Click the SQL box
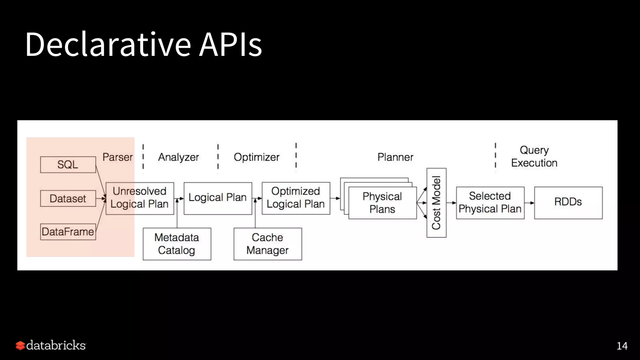(x=68, y=165)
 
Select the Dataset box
(x=68, y=198)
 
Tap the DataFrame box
(x=68, y=232)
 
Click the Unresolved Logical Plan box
(x=140, y=198)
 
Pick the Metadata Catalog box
(x=177, y=244)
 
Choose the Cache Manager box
(x=267, y=244)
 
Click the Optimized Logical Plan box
(x=296, y=198)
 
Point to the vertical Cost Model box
(x=436, y=203)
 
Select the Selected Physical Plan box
(x=490, y=202)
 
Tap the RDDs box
(x=568, y=202)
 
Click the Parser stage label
(x=117, y=157)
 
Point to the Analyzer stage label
(x=178, y=157)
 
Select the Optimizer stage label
(x=257, y=157)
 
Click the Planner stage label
(x=395, y=157)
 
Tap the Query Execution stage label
(x=534, y=157)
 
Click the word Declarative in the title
(x=108, y=44)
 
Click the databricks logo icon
(x=20, y=345)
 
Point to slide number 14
(x=622, y=346)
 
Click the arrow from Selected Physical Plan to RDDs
(x=529, y=203)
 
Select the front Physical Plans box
(x=382, y=203)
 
